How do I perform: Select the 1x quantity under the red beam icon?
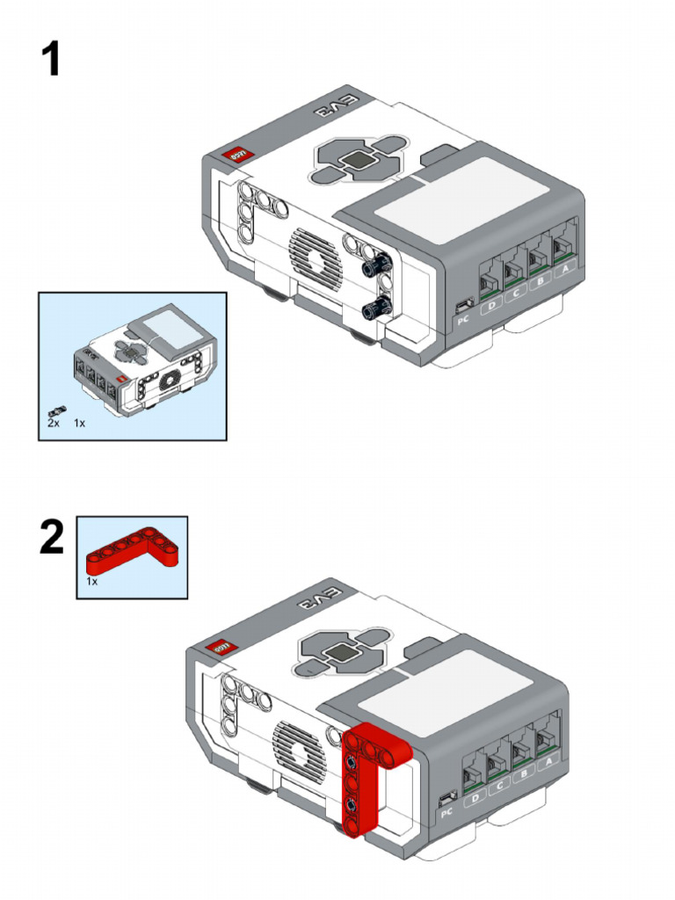[91, 582]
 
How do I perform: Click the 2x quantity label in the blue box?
[54, 423]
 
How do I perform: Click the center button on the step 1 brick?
[358, 162]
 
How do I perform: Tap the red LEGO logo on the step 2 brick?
[218, 647]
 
